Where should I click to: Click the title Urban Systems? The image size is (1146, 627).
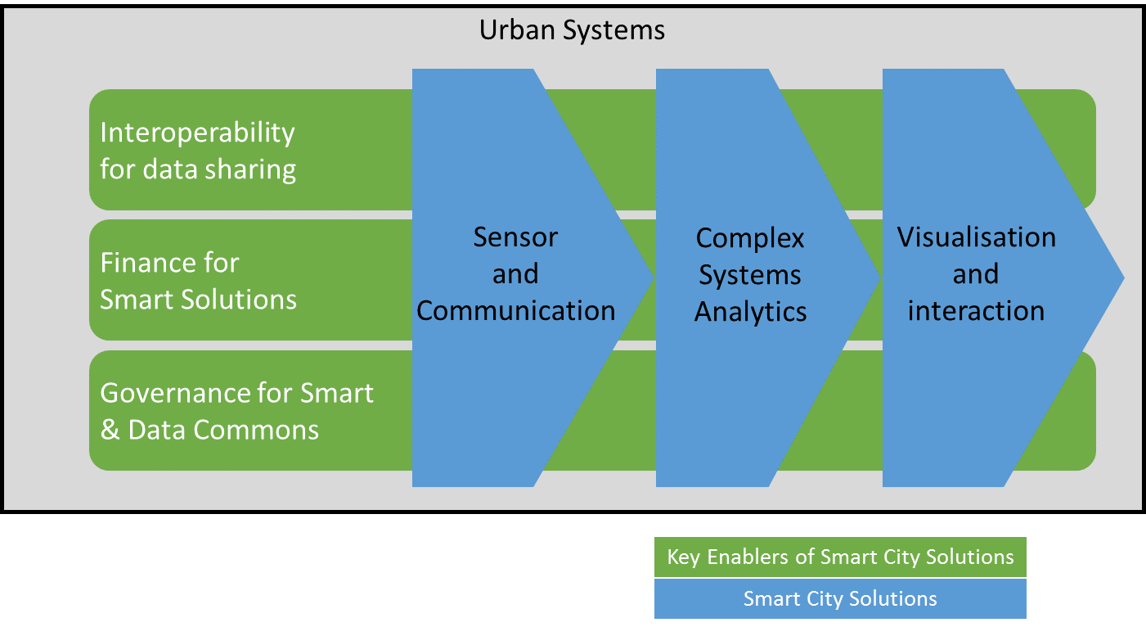(572, 30)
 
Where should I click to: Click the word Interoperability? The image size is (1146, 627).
(197, 133)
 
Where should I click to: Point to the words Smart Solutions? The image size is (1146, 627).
(198, 299)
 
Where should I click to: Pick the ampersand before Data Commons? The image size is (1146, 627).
(110, 430)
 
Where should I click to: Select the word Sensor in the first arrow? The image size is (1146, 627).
(515, 237)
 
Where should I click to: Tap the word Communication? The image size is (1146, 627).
(515, 311)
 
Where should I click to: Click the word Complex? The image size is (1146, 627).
(750, 238)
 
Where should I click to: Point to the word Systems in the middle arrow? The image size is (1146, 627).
(750, 275)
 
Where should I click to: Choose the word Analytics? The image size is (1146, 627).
(750, 312)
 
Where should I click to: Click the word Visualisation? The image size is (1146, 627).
(976, 237)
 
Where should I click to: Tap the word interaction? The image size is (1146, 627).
(976, 311)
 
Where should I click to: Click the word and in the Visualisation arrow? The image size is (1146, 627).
(976, 274)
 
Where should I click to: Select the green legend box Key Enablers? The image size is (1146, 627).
(840, 557)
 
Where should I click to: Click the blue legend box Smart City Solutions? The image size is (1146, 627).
(840, 598)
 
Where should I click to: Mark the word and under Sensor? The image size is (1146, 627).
(515, 274)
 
